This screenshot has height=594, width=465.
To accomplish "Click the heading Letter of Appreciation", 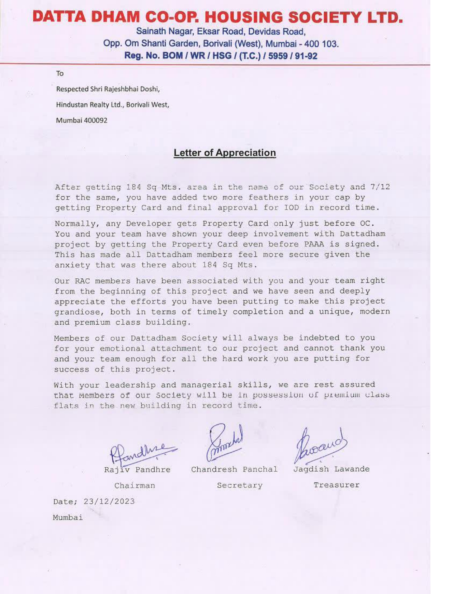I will [225, 153].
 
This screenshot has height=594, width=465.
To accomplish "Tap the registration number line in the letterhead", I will [221, 56].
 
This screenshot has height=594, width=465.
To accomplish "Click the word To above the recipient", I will [60, 74].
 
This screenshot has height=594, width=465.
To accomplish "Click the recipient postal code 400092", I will [95, 121].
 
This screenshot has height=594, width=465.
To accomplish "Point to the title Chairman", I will [135, 486].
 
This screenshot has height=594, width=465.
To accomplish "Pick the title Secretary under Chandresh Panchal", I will [239, 485].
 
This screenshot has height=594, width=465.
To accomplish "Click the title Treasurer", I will [336, 485].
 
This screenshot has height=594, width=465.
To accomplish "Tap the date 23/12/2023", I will [109, 501].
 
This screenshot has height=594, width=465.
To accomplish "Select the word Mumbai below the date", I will [68, 517].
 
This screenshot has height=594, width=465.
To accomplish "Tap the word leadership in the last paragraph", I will [130, 385].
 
